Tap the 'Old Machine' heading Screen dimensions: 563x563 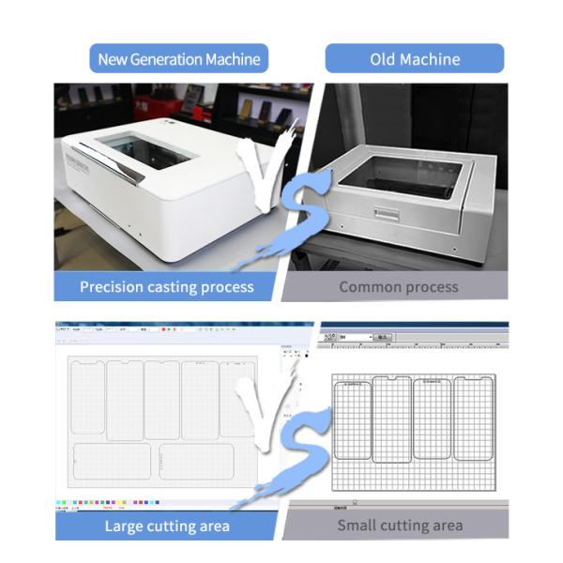(x=415, y=59)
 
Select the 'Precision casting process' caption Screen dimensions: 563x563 (x=166, y=287)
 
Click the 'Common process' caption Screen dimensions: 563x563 (x=398, y=287)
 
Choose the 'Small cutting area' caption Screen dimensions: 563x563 (x=400, y=525)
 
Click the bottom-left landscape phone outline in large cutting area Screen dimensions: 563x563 (x=113, y=462)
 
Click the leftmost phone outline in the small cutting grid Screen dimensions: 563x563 (x=353, y=421)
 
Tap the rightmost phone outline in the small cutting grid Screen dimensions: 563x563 (x=474, y=418)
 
